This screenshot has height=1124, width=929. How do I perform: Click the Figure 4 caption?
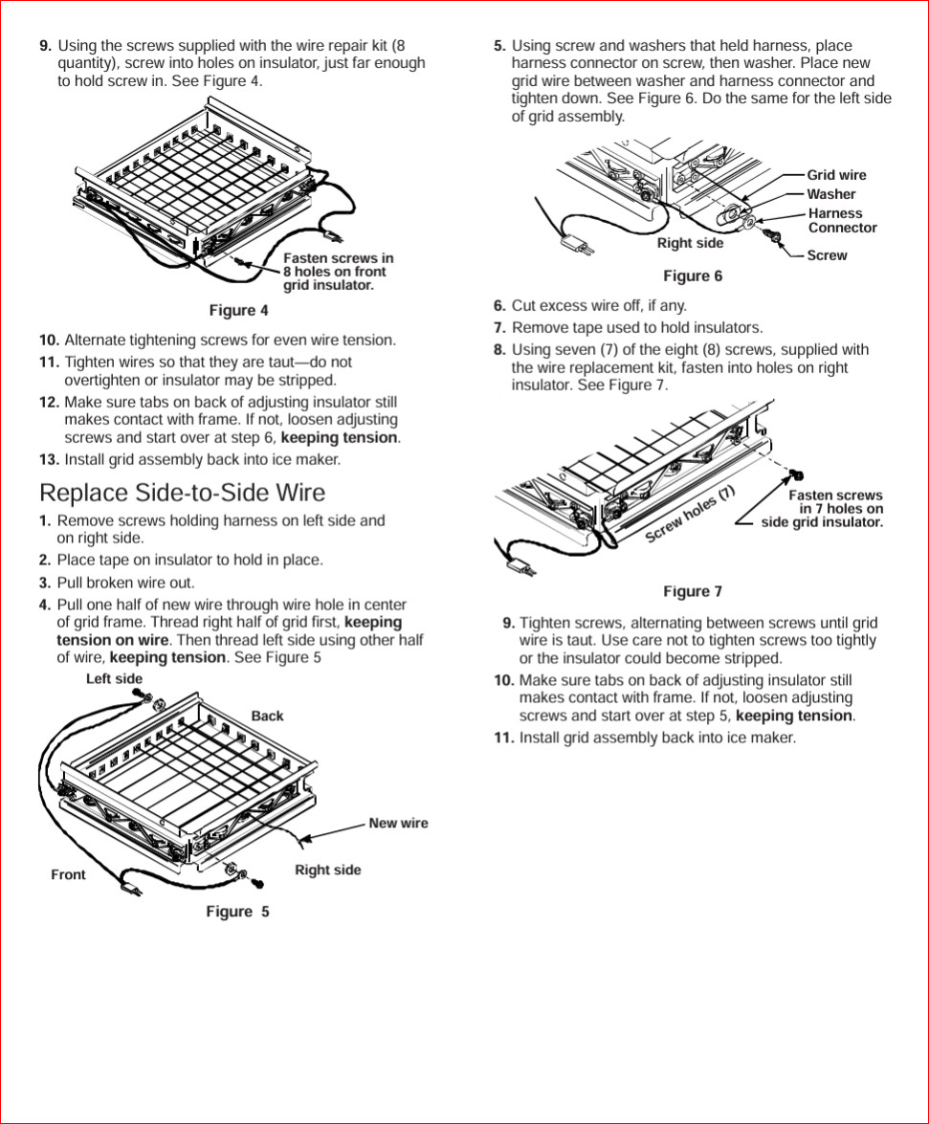pyautogui.click(x=238, y=310)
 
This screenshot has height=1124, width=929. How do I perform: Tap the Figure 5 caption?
pyautogui.click(x=237, y=912)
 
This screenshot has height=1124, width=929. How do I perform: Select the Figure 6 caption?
pyautogui.click(x=693, y=276)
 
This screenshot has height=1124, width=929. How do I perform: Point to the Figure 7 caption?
pyautogui.click(x=693, y=591)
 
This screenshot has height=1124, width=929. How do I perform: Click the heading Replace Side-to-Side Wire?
pyautogui.click(x=182, y=493)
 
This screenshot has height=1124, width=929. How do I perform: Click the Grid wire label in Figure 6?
pyautogui.click(x=836, y=175)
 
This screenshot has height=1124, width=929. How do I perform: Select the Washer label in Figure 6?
pyautogui.click(x=831, y=194)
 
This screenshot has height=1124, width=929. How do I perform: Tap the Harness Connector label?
pyautogui.click(x=842, y=221)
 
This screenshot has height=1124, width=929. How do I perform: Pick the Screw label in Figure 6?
pyautogui.click(x=827, y=255)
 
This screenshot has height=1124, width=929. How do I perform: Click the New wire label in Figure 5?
pyautogui.click(x=398, y=823)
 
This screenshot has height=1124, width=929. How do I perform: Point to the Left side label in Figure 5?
pyautogui.click(x=114, y=679)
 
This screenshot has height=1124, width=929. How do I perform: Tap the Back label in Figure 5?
pyautogui.click(x=267, y=716)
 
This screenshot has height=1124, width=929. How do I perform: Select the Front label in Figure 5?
pyautogui.click(x=68, y=874)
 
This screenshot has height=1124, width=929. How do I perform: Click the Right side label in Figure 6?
pyautogui.click(x=690, y=243)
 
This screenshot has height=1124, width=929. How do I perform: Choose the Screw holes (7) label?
pyautogui.click(x=690, y=514)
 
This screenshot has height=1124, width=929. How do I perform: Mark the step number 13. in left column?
pyautogui.click(x=49, y=460)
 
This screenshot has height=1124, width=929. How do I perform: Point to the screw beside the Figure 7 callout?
pyautogui.click(x=796, y=474)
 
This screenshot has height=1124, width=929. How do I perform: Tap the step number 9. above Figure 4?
pyautogui.click(x=45, y=46)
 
